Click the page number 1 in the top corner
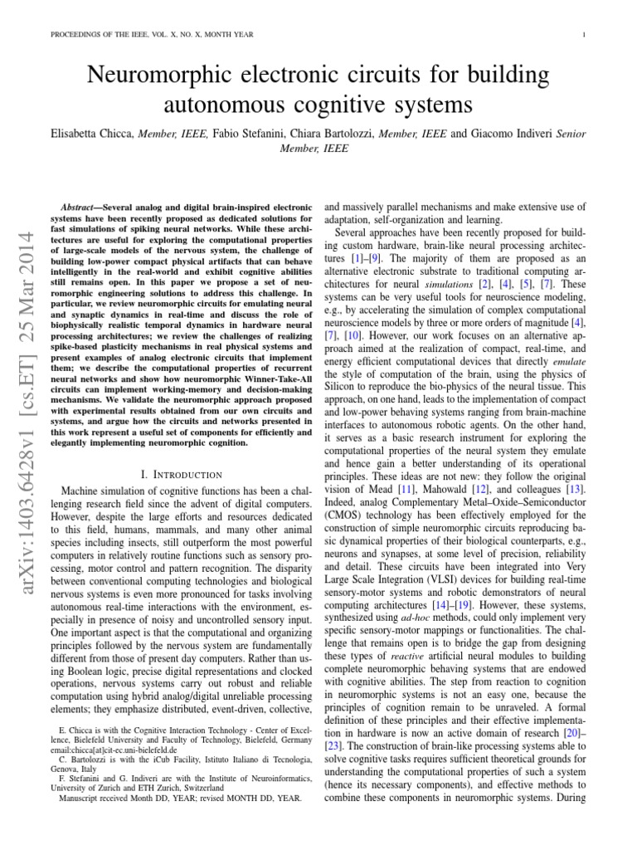click(585, 34)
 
